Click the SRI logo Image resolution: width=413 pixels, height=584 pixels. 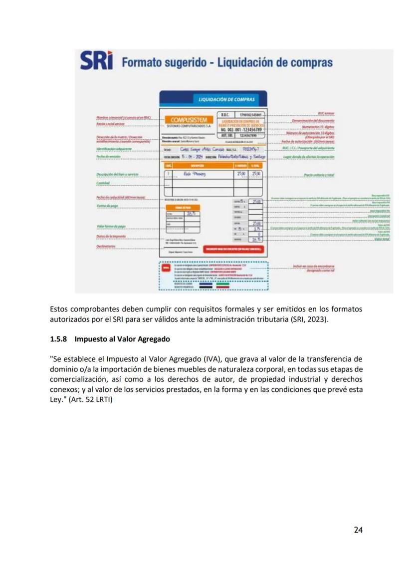[97, 61]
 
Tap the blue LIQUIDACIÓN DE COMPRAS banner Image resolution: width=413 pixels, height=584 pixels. [213, 99]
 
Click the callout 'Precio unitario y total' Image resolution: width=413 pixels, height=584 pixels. [319, 175]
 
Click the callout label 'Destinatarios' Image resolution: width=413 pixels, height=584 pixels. [106, 246]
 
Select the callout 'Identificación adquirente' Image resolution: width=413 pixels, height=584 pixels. [114, 149]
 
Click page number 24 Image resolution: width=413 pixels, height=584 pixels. [358, 530]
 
